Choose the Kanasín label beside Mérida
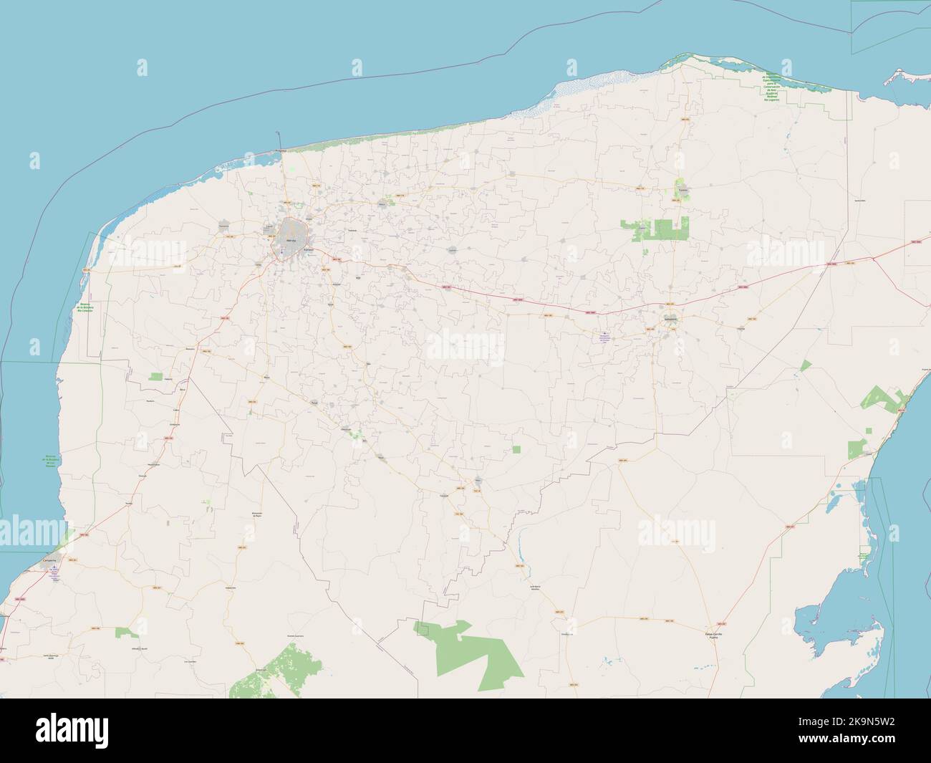point(309,250)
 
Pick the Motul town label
point(382,203)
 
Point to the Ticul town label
point(314,403)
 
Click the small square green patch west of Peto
point(516,450)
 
